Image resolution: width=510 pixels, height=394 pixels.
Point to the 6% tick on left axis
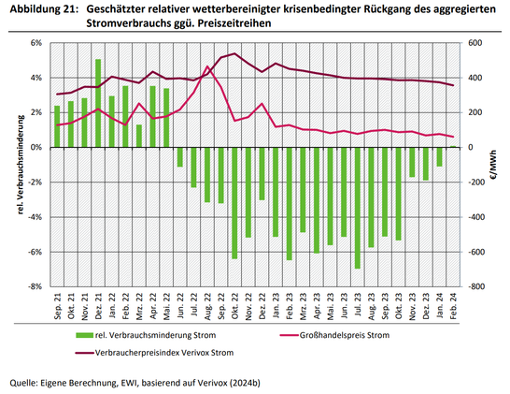click(x=36, y=43)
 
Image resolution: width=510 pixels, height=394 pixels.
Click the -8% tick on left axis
click(x=35, y=286)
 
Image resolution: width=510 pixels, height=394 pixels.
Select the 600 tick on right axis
click(x=475, y=43)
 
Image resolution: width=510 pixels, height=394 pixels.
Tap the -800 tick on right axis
click(x=475, y=286)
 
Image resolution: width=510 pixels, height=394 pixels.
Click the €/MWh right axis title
click(x=496, y=165)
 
